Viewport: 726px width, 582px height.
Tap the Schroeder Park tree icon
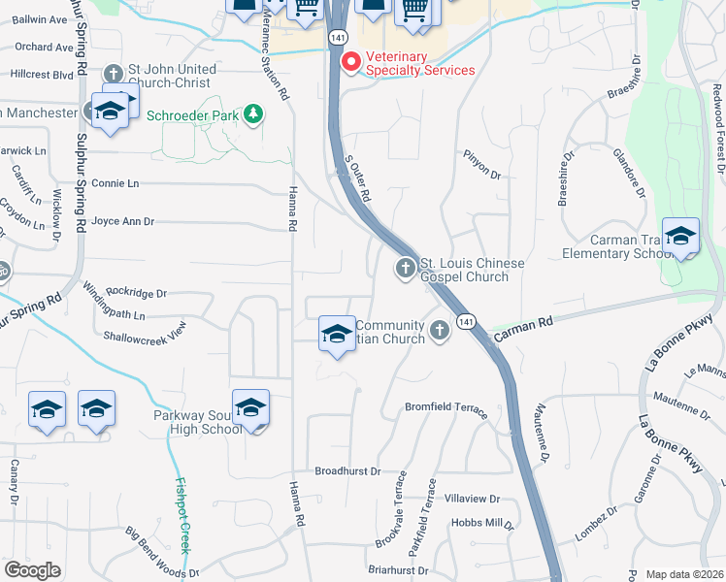coord(253,114)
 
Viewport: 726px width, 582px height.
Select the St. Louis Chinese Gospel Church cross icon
coord(406,267)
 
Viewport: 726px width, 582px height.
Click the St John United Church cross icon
coord(113,73)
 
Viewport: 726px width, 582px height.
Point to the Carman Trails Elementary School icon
coord(680,239)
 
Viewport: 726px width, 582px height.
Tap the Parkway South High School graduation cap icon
coord(250,409)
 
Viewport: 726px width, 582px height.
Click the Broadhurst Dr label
coord(347,470)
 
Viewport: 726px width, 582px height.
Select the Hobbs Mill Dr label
coord(481,523)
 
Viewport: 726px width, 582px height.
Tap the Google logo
coord(32,570)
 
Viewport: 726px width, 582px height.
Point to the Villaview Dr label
coord(471,499)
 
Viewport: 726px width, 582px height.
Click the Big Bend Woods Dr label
coord(162,552)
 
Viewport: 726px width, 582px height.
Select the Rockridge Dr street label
coord(137,292)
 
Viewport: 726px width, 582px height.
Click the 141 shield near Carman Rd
coord(467,321)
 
